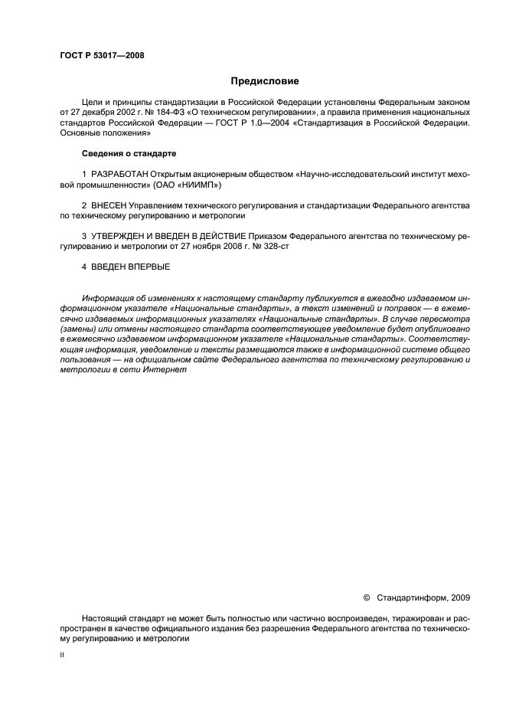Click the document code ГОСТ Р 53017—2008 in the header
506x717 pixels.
tap(102, 56)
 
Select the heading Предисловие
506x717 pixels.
tap(265, 80)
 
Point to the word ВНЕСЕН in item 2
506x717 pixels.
tap(108, 206)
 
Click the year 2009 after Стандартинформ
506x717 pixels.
tap(461, 596)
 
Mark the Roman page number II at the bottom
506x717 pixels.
tap(62, 656)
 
